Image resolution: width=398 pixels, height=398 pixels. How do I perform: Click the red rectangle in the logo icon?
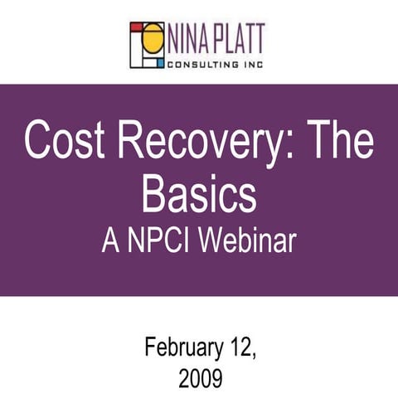(x=136, y=27)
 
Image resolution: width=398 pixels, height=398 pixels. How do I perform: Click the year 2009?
(x=199, y=378)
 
